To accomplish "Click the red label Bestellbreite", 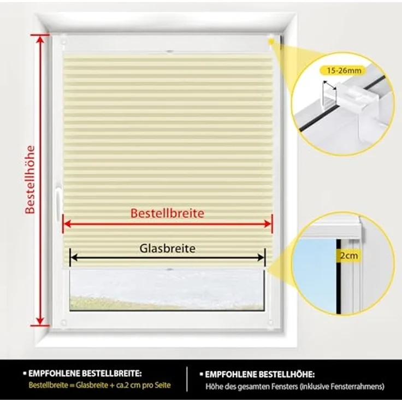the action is point(167,213).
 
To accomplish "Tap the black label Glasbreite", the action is point(167,249).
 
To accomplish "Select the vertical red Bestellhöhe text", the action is point(30,180).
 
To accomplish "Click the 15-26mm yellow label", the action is point(344,70).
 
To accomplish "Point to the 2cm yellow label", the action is point(348,256).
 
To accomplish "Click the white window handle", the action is point(58,204).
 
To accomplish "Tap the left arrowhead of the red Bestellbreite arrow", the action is point(67,224).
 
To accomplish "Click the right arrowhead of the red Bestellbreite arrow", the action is point(268,224).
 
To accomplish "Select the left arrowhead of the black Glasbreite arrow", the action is point(74,257).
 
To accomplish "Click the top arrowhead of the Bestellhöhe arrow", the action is point(40,39).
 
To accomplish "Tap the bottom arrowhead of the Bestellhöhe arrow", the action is point(40,321).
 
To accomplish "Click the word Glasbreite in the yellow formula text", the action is point(92,385).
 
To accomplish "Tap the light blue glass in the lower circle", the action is point(315,274).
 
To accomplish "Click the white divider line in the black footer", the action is point(187,379).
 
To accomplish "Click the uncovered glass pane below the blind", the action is point(167,289).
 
